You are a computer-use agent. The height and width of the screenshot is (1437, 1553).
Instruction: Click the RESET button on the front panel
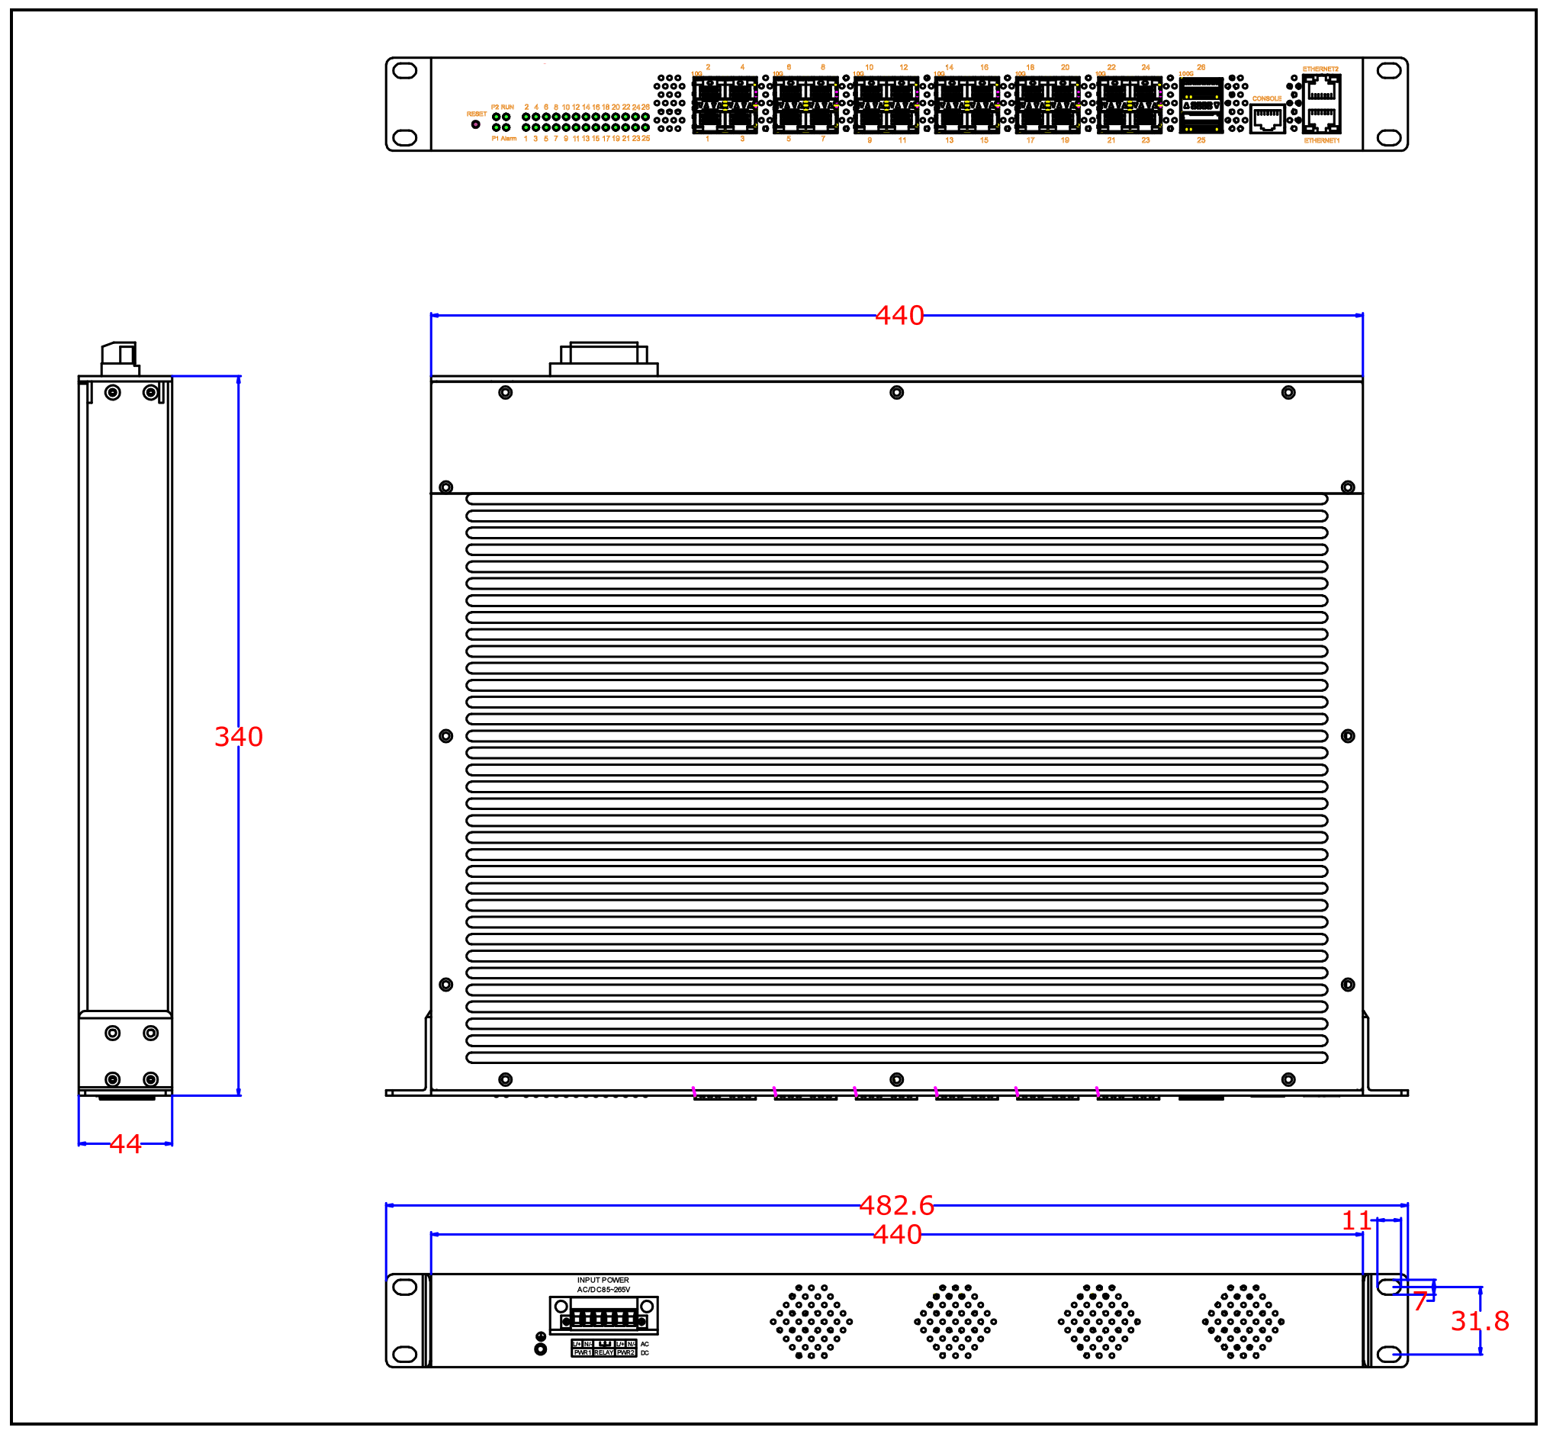(x=475, y=124)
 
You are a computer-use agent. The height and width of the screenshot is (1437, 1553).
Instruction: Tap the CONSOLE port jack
(x=1267, y=120)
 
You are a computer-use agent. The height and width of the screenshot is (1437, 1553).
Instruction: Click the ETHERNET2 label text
(x=1320, y=69)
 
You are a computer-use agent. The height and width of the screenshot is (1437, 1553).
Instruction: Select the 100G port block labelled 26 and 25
(x=1201, y=105)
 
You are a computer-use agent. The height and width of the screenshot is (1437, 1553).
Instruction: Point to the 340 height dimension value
(x=239, y=736)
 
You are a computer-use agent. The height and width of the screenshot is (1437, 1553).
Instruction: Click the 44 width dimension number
(x=125, y=1144)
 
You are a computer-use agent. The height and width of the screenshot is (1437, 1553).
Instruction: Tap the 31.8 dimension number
(x=1479, y=1320)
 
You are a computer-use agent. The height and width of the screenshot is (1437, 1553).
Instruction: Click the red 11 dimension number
(x=1357, y=1221)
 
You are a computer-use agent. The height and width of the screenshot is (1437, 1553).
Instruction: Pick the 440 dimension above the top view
(x=899, y=316)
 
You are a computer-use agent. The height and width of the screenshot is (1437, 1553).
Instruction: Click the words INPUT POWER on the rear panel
(x=603, y=1280)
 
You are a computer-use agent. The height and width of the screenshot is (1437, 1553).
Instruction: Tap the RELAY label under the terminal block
(x=603, y=1352)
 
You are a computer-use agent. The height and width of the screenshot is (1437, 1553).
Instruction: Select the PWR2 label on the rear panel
(x=626, y=1352)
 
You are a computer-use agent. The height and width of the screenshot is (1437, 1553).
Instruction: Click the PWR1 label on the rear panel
(x=582, y=1352)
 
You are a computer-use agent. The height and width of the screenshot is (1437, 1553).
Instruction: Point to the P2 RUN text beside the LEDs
(x=503, y=108)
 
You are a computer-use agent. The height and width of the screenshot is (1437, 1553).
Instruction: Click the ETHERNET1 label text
(x=1321, y=141)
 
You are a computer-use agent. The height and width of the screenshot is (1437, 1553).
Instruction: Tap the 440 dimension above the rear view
(x=897, y=1234)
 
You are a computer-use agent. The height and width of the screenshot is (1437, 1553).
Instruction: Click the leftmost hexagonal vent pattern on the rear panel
(x=811, y=1321)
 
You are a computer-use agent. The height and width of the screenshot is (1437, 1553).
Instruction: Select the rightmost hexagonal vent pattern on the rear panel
(x=1243, y=1321)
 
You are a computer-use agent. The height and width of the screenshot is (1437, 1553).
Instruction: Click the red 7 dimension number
(x=1420, y=1302)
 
